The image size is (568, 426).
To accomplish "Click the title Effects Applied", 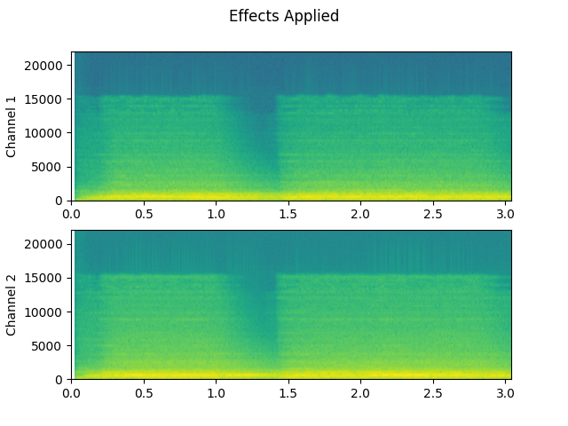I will click(x=284, y=16).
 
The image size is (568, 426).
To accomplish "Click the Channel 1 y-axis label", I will click(x=12, y=126).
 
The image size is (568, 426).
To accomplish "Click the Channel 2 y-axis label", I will click(x=12, y=304).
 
